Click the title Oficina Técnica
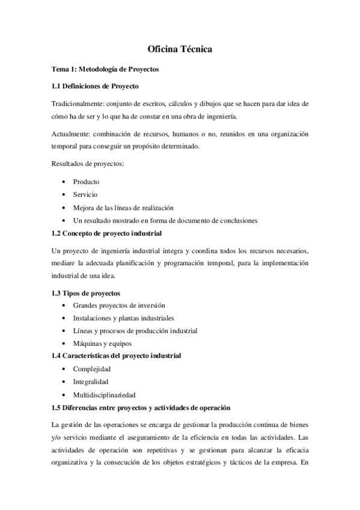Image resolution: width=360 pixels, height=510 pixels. coord(180,51)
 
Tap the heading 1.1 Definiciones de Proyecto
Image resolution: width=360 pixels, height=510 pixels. coord(95,87)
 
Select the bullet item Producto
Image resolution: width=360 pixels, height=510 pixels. coord(86,182)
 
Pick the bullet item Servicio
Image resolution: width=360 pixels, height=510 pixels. coord(85,194)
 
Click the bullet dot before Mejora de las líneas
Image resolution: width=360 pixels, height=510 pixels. coord(64,207)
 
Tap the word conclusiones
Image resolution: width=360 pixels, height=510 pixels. coord(237,220)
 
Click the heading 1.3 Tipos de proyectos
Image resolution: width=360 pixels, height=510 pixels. coord(86,293)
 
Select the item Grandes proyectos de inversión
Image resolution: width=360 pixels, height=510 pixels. coord(119,306)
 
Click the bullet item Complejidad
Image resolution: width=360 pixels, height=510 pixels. coord(91,369)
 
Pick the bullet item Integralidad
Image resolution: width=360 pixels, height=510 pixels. coord(91,382)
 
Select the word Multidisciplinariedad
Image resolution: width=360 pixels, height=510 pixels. coord(104,395)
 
